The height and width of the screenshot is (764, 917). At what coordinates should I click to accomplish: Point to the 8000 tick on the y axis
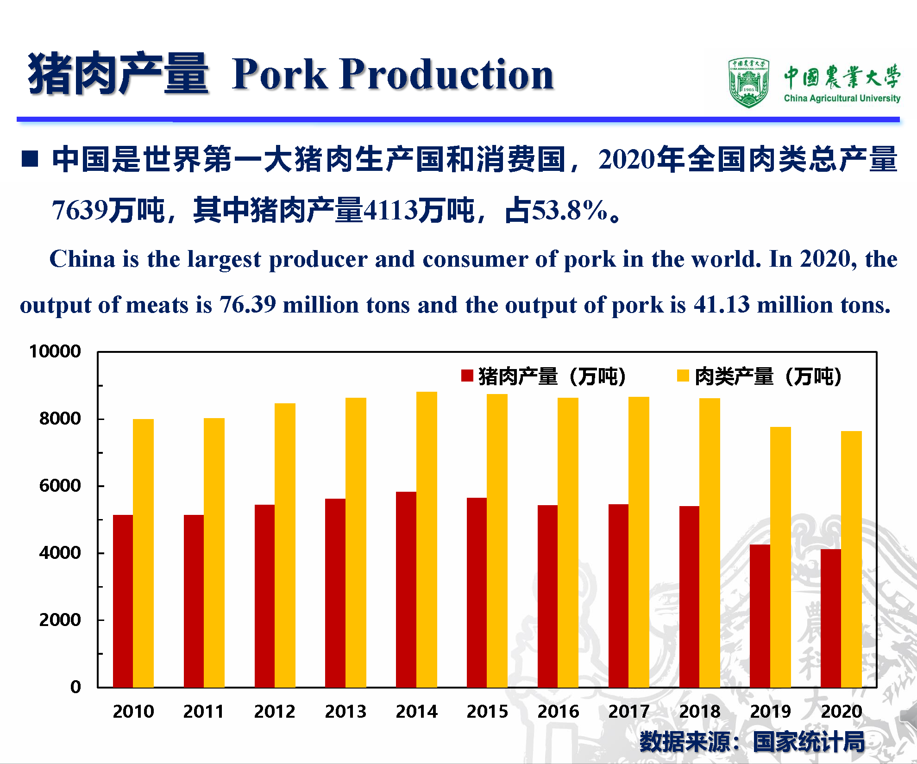click(x=60, y=419)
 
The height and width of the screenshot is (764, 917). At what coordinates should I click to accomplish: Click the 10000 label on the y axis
click(x=55, y=351)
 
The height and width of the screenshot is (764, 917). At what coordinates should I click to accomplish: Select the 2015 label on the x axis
click(x=487, y=711)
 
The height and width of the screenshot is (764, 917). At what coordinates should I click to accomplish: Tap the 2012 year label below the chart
click(x=275, y=711)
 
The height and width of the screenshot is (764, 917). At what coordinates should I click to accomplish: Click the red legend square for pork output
click(x=467, y=376)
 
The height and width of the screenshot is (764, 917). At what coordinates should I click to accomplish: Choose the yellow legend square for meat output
click(x=683, y=376)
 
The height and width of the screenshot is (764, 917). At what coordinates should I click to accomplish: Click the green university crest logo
click(x=748, y=83)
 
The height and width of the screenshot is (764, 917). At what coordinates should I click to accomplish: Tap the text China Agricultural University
click(x=842, y=98)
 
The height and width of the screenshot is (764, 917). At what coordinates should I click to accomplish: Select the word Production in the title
click(x=446, y=74)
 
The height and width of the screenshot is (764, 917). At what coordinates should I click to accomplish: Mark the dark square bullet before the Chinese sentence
click(x=30, y=158)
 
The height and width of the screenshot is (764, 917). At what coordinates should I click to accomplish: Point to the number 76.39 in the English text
click(x=248, y=305)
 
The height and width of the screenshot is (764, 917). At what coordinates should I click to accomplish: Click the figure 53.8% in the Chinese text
click(x=570, y=210)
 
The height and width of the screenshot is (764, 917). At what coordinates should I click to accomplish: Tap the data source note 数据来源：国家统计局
click(x=752, y=741)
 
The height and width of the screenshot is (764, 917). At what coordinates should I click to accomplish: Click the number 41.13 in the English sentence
click(x=721, y=305)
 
